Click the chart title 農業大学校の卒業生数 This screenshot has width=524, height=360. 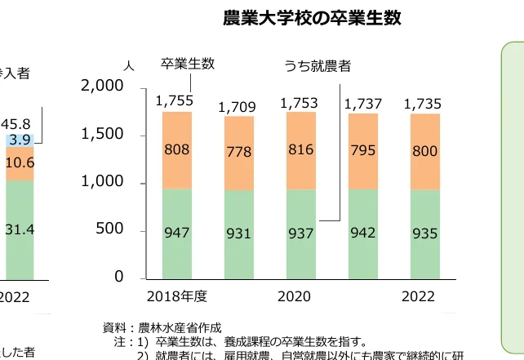(x=312, y=18)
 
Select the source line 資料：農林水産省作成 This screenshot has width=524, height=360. (x=162, y=327)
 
